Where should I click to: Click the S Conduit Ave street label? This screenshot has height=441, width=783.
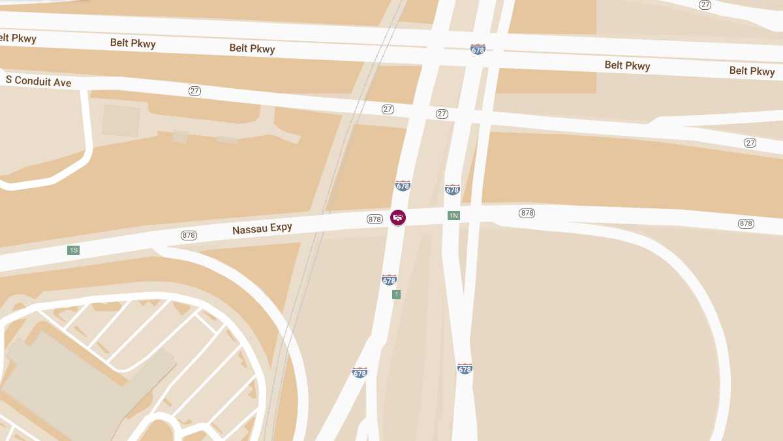(x=38, y=81)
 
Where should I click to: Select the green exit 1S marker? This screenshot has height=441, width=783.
(x=74, y=250)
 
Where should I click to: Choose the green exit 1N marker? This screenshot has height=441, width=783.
(x=453, y=216)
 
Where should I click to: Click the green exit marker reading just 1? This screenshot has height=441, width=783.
(x=396, y=295)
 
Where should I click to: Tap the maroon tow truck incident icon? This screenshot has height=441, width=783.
(x=398, y=217)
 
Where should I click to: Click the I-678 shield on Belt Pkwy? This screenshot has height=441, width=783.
(x=478, y=49)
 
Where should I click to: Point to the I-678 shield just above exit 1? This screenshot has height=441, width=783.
(x=390, y=280)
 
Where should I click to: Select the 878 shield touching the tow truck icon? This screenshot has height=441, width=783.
(x=375, y=220)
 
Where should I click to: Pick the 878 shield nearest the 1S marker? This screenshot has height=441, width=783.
(x=189, y=235)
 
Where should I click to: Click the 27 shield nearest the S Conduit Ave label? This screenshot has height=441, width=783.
(x=194, y=91)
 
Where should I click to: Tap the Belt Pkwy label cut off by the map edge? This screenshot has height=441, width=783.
(x=17, y=39)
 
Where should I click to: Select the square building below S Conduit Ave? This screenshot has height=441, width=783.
(x=121, y=120)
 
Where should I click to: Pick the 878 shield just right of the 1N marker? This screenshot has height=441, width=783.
(x=527, y=213)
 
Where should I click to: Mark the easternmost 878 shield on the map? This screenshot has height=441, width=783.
(x=746, y=223)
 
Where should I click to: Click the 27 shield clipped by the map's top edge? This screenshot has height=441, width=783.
(x=705, y=4)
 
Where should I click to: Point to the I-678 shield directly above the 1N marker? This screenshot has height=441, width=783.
(x=452, y=189)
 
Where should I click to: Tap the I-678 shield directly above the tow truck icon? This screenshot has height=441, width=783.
(x=403, y=186)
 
